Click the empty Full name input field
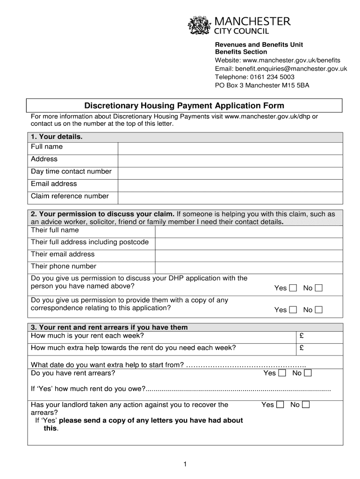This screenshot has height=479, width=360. tap(230, 147)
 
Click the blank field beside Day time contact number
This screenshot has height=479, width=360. tap(230, 172)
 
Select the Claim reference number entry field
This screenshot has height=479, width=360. tap(230, 197)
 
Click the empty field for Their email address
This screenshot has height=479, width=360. tap(248, 255)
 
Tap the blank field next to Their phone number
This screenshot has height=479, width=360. tap(248, 267)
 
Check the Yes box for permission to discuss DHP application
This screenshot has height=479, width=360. tap(293, 288)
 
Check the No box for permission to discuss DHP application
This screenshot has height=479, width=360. tap(318, 288)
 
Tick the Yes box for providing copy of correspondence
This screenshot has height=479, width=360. tap(293, 310)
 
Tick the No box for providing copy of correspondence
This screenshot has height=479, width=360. tap(318, 310)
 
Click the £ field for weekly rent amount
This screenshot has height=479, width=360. tap(320, 336)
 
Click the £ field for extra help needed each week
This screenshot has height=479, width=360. tap(320, 348)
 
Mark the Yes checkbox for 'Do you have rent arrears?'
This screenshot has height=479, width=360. tap(282, 373)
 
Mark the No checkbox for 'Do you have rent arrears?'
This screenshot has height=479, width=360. tap(308, 373)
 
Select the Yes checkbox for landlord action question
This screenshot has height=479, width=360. tap(280, 405)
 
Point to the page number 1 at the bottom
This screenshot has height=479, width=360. tap(185, 464)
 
